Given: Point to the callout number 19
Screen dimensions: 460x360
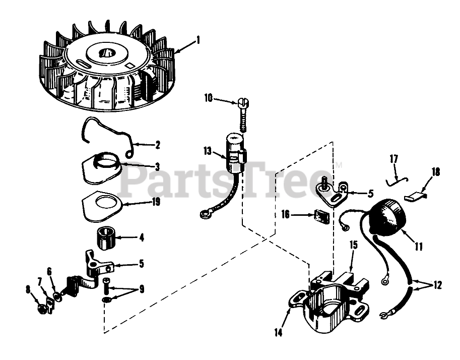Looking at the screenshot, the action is pos(156,202).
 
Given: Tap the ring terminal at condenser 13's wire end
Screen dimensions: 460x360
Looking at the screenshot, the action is pos(205,216).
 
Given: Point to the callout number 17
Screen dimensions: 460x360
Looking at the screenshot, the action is pos(393,159).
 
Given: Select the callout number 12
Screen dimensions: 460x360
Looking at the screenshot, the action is pos(437,285).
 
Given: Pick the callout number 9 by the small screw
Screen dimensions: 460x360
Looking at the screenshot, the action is pos(142,289).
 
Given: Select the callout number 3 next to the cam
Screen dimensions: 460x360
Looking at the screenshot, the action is pos(157,166).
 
